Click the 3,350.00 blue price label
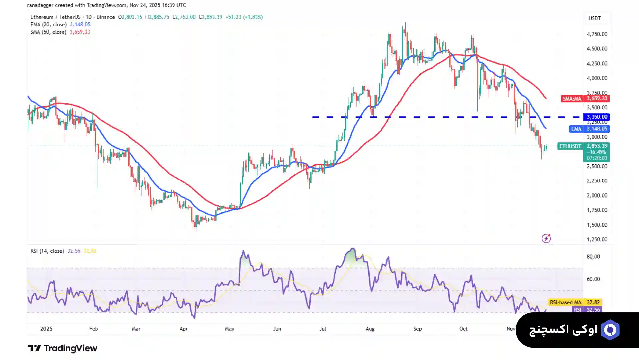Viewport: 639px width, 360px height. pos(597,117)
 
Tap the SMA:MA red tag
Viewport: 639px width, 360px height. pos(572,99)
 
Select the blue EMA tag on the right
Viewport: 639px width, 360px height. pos(576,129)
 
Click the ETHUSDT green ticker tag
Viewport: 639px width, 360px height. pos(570,146)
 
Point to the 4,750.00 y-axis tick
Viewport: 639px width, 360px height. pos(597,34)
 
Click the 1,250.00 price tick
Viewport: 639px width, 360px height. pos(597,240)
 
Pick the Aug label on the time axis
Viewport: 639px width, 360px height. pos(370,329)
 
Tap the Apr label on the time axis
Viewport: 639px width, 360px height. pos(184,329)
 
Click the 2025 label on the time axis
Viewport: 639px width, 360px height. pos(46,329)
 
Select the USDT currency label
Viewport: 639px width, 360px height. pos(595,18)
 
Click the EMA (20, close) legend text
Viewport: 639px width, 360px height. pos(48,25)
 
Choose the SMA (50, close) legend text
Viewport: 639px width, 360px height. pos(48,32)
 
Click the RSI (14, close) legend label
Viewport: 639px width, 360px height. pos(47,251)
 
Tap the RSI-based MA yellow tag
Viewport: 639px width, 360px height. pos(565,302)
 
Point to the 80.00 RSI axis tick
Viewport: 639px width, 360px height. pos(593,257)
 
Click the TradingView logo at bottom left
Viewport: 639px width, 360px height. pos(62,348)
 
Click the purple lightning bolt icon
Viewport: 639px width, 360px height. pos(546,238)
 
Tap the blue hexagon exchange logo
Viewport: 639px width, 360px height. pos(610,330)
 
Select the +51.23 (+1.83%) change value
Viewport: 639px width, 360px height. pos(244,17)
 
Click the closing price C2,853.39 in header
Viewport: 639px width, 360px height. pos(210,17)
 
